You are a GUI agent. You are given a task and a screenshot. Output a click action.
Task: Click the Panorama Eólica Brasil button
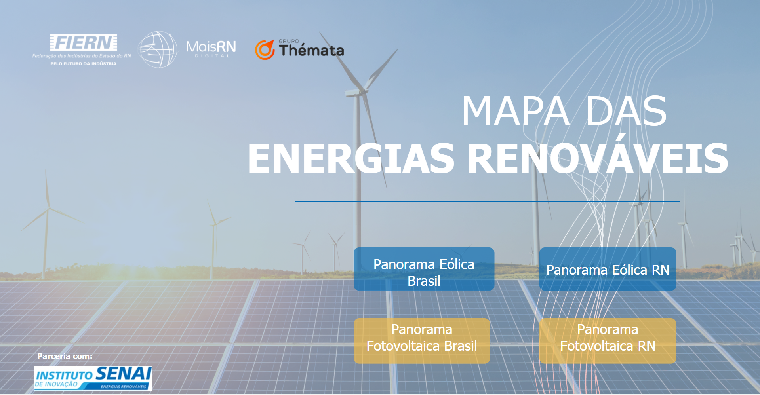[424, 269]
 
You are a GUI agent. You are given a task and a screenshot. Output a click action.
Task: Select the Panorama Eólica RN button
[608, 269]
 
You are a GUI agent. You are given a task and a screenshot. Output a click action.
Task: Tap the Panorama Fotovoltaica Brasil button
[422, 341]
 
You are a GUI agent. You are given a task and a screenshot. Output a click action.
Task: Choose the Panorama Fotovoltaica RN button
[608, 341]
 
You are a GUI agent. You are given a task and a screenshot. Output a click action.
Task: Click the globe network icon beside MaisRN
[157, 49]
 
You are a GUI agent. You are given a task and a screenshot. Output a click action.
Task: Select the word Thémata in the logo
[311, 50]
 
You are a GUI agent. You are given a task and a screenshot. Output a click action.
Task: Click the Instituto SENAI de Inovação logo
[93, 378]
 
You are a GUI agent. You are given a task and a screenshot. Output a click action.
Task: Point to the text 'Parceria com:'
[65, 356]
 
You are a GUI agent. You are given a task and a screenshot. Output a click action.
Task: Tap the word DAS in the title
[626, 111]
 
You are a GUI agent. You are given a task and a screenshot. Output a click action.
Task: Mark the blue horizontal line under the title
[488, 201]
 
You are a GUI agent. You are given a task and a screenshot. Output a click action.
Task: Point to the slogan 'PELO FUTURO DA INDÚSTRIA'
[84, 63]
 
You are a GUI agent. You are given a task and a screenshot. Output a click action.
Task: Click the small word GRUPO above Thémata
[289, 41]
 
